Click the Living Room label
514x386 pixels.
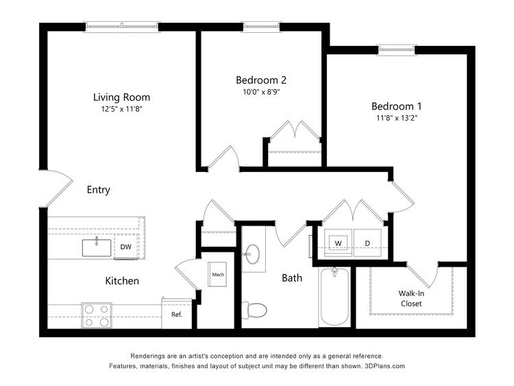121,97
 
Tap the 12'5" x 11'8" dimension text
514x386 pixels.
121,108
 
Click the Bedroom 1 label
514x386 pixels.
396,106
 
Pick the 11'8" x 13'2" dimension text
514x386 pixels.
396,118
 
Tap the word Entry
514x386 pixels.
98,190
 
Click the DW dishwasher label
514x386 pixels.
125,247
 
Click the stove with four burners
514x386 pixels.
96,315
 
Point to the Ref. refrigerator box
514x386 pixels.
176,314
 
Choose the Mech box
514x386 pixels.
218,275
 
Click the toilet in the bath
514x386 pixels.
256,309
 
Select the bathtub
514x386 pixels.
334,298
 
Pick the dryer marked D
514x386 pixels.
367,243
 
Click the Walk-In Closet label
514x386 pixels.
411,298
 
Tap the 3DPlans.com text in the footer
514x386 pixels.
385,366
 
